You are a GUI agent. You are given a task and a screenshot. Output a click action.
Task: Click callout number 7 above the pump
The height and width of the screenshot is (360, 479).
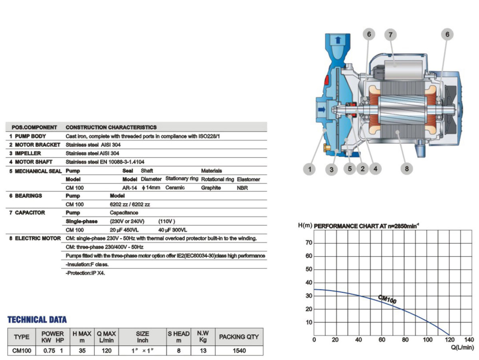point(390,35)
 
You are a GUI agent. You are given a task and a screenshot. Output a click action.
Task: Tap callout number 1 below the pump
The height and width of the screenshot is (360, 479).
point(309,169)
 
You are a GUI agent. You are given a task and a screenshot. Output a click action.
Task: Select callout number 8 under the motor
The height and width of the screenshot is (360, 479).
point(406,168)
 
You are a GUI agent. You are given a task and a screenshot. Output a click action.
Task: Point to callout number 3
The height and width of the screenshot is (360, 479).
point(331,169)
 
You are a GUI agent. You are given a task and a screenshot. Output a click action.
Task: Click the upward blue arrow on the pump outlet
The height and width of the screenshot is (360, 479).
point(338,40)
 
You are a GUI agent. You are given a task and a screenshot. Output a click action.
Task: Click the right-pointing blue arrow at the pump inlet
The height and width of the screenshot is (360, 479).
point(322,109)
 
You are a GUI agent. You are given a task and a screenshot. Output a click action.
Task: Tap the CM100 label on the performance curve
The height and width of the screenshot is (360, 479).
point(387,299)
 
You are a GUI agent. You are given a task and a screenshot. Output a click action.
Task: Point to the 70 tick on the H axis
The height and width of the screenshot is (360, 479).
point(309,242)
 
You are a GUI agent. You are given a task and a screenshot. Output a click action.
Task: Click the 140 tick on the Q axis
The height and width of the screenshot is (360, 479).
point(469,340)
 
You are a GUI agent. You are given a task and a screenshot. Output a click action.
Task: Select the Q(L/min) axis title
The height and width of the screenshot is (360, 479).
point(462,347)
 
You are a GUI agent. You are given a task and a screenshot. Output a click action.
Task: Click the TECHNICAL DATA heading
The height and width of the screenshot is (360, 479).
point(37,320)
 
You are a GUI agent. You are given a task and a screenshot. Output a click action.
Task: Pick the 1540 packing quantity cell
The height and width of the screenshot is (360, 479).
point(239,350)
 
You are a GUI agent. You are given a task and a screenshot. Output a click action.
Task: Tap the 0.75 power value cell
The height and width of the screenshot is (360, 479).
point(49,350)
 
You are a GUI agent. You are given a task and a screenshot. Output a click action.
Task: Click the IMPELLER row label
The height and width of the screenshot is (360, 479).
point(28,153)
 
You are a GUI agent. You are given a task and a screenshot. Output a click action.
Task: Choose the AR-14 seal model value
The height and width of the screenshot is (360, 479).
point(130,188)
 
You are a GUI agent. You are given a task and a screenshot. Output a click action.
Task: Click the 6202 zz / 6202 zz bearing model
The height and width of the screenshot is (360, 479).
point(130,204)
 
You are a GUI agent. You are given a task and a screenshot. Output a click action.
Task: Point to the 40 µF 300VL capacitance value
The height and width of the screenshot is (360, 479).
point(172,230)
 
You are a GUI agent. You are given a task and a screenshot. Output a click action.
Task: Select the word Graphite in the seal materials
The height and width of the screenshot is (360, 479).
point(211,188)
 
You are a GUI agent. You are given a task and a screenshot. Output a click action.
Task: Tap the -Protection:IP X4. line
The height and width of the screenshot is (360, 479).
point(85,273)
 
